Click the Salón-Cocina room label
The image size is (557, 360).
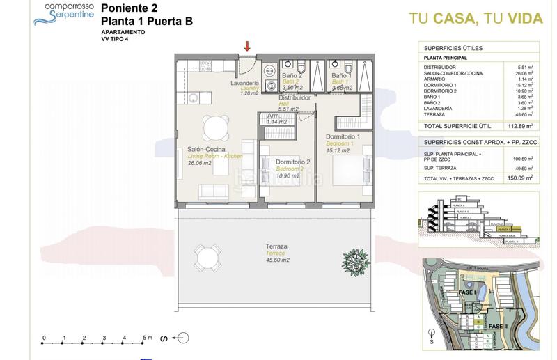205,149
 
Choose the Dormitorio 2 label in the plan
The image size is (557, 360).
292,162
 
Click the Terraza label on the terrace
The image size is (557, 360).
276,246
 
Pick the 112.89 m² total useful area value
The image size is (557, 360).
519,126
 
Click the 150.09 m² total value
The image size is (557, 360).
519,178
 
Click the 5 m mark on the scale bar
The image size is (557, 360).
145,337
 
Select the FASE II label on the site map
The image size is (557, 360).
499,326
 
